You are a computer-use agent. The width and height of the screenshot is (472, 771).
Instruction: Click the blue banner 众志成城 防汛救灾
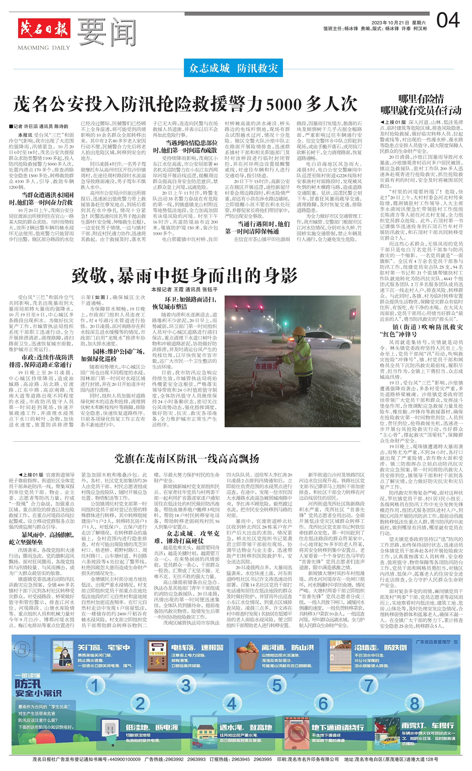tap(233, 68)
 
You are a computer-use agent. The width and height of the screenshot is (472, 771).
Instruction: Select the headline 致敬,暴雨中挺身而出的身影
tap(184, 275)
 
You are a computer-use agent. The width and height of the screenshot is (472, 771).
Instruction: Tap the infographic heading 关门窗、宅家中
tap(104, 647)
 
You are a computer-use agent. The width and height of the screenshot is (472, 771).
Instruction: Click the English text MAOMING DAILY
tap(44, 48)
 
